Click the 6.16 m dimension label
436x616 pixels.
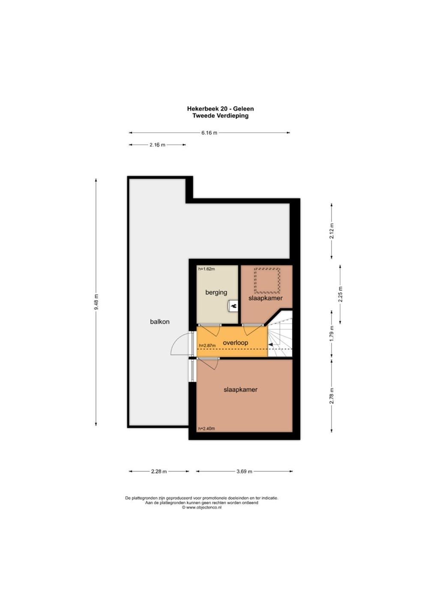click(x=209, y=133)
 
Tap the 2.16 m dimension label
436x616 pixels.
click(x=158, y=145)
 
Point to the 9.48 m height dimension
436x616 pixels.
click(x=96, y=302)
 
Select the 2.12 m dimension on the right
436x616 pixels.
click(x=331, y=231)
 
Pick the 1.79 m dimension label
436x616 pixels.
click(x=331, y=333)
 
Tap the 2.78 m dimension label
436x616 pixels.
click(x=331, y=396)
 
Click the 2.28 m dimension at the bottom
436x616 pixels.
click(x=159, y=471)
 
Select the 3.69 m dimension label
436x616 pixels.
click(x=244, y=471)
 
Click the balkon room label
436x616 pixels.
click(x=160, y=322)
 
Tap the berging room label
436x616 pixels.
click(x=216, y=293)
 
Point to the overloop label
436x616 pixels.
click(x=235, y=343)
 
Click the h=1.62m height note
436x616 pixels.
click(x=206, y=269)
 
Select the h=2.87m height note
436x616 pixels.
click(x=207, y=346)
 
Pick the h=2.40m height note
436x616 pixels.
click(x=206, y=429)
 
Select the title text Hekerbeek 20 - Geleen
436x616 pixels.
click(x=221, y=109)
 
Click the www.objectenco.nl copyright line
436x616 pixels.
click(x=202, y=507)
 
